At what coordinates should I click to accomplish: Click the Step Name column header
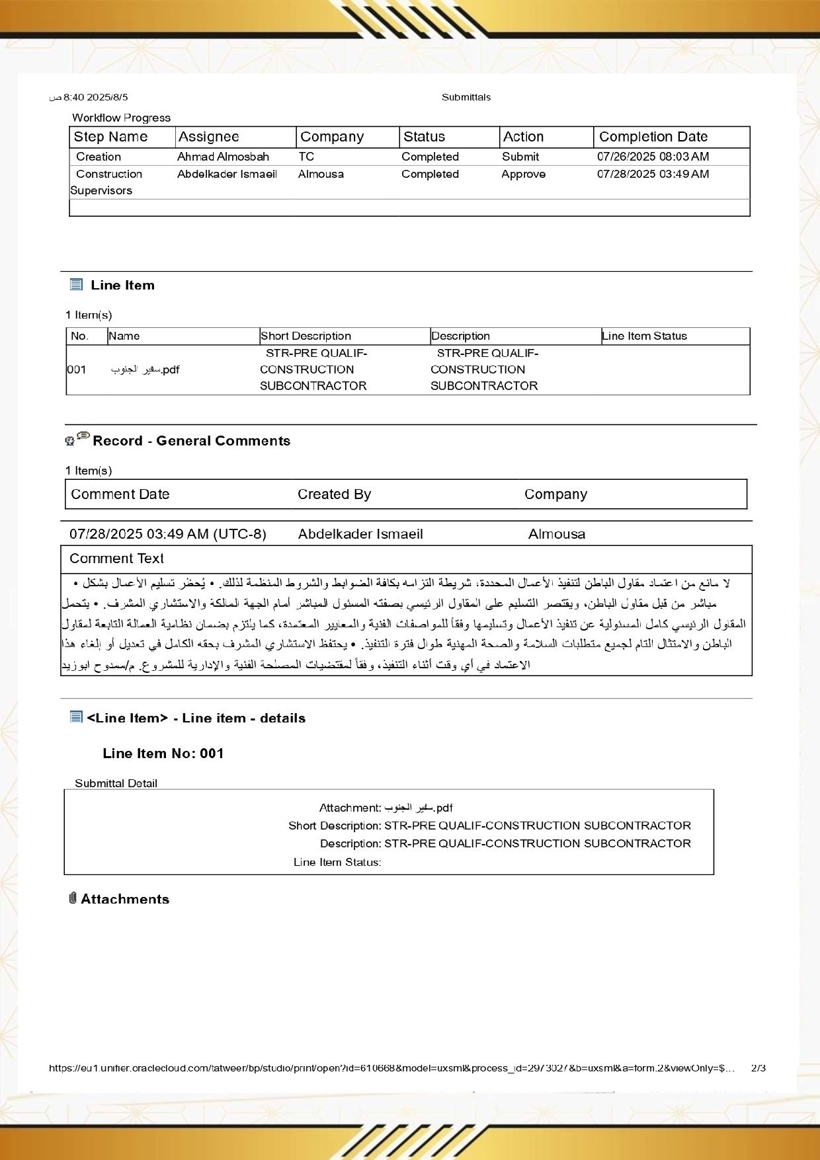[x=110, y=137]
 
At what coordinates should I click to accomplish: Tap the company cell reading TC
[x=306, y=157]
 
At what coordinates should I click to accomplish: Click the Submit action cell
[x=520, y=157]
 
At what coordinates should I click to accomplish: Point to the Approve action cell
[x=523, y=174]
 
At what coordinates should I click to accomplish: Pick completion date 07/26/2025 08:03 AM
[x=653, y=157]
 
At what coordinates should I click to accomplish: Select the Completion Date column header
[x=653, y=137]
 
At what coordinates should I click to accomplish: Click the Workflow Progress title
[x=121, y=118]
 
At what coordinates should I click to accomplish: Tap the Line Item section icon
[x=76, y=285]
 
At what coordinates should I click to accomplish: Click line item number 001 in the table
[x=77, y=369]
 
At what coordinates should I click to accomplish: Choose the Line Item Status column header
[x=644, y=336]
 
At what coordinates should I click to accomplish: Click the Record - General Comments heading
[x=191, y=441]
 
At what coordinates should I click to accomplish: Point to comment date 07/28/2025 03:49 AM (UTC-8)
[x=168, y=534]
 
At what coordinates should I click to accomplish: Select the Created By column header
[x=334, y=494]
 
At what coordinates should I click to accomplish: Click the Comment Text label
[x=116, y=559]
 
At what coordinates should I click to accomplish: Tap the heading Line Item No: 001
[x=163, y=754]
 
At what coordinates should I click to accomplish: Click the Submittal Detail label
[x=116, y=783]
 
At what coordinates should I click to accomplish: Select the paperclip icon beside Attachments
[x=73, y=898]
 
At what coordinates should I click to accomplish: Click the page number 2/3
[x=758, y=1068]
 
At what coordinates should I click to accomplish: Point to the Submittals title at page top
[x=466, y=97]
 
